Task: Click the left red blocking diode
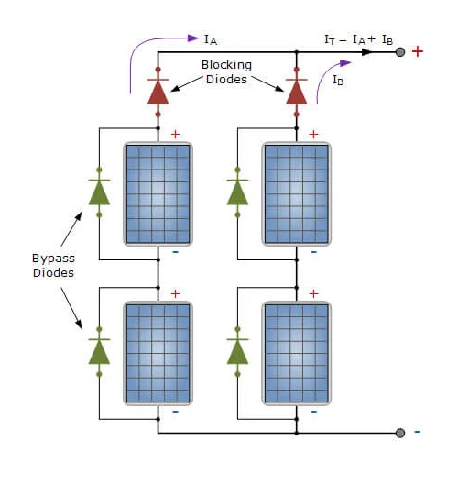[x=158, y=92]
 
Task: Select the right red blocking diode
[x=297, y=92]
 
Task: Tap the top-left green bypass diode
[x=99, y=192]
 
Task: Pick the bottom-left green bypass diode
[x=99, y=352]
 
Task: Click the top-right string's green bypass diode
[x=237, y=192]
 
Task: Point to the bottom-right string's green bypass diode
[x=237, y=352]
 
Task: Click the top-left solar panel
[x=158, y=193]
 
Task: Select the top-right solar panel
[x=297, y=193]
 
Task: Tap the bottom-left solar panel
[x=158, y=353]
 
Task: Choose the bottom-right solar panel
[x=297, y=353]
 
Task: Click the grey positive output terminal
[x=400, y=52]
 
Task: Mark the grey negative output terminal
[x=400, y=433]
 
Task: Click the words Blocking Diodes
[x=226, y=71]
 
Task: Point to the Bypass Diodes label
[x=53, y=266]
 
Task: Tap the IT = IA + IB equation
[x=359, y=39]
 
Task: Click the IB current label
[x=338, y=81]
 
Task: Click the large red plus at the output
[x=418, y=51]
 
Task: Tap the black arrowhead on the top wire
[x=367, y=52]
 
